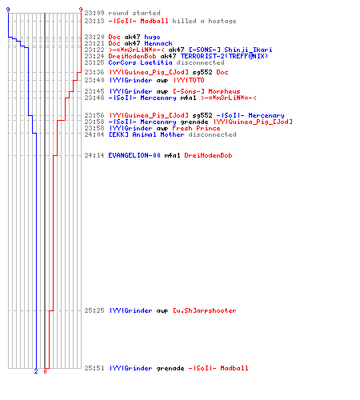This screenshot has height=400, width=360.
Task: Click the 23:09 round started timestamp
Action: pyautogui.click(x=94, y=13)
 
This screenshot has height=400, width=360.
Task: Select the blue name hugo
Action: pyautogui.click(x=152, y=37)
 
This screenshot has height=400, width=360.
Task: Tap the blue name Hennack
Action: pyautogui.click(x=158, y=43)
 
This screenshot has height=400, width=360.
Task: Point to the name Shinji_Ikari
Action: pyautogui.click(x=248, y=50)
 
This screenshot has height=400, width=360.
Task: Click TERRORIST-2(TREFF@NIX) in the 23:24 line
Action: pyautogui.click(x=224, y=56)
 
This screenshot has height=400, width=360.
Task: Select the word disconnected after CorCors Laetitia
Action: pyautogui.click(x=200, y=62)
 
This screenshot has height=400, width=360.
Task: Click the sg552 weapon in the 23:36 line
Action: pyautogui.click(x=202, y=72)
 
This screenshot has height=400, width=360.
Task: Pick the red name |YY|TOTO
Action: pyautogui.click(x=189, y=80)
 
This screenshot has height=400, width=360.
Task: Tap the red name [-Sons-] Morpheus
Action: pyautogui.click(x=206, y=91)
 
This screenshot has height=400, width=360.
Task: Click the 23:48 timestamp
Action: pyautogui.click(x=94, y=98)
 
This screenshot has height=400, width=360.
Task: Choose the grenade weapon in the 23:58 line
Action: pyautogui.click(x=194, y=122)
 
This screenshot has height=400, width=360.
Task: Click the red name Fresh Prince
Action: pyautogui.click(x=196, y=128)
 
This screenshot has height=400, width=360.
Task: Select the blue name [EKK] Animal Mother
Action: pyautogui.click(x=146, y=134)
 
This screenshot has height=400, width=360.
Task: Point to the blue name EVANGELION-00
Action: pyautogui.click(x=134, y=155)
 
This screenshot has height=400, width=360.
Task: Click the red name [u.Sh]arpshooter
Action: pyautogui.click(x=205, y=310)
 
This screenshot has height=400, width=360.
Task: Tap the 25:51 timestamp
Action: pyautogui.click(x=94, y=368)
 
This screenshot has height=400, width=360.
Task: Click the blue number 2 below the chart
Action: pyautogui.click(x=36, y=371)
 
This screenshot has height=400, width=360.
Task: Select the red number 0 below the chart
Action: pyautogui.click(x=45, y=371)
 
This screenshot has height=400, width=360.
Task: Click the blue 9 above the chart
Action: pyautogui.click(x=8, y=10)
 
